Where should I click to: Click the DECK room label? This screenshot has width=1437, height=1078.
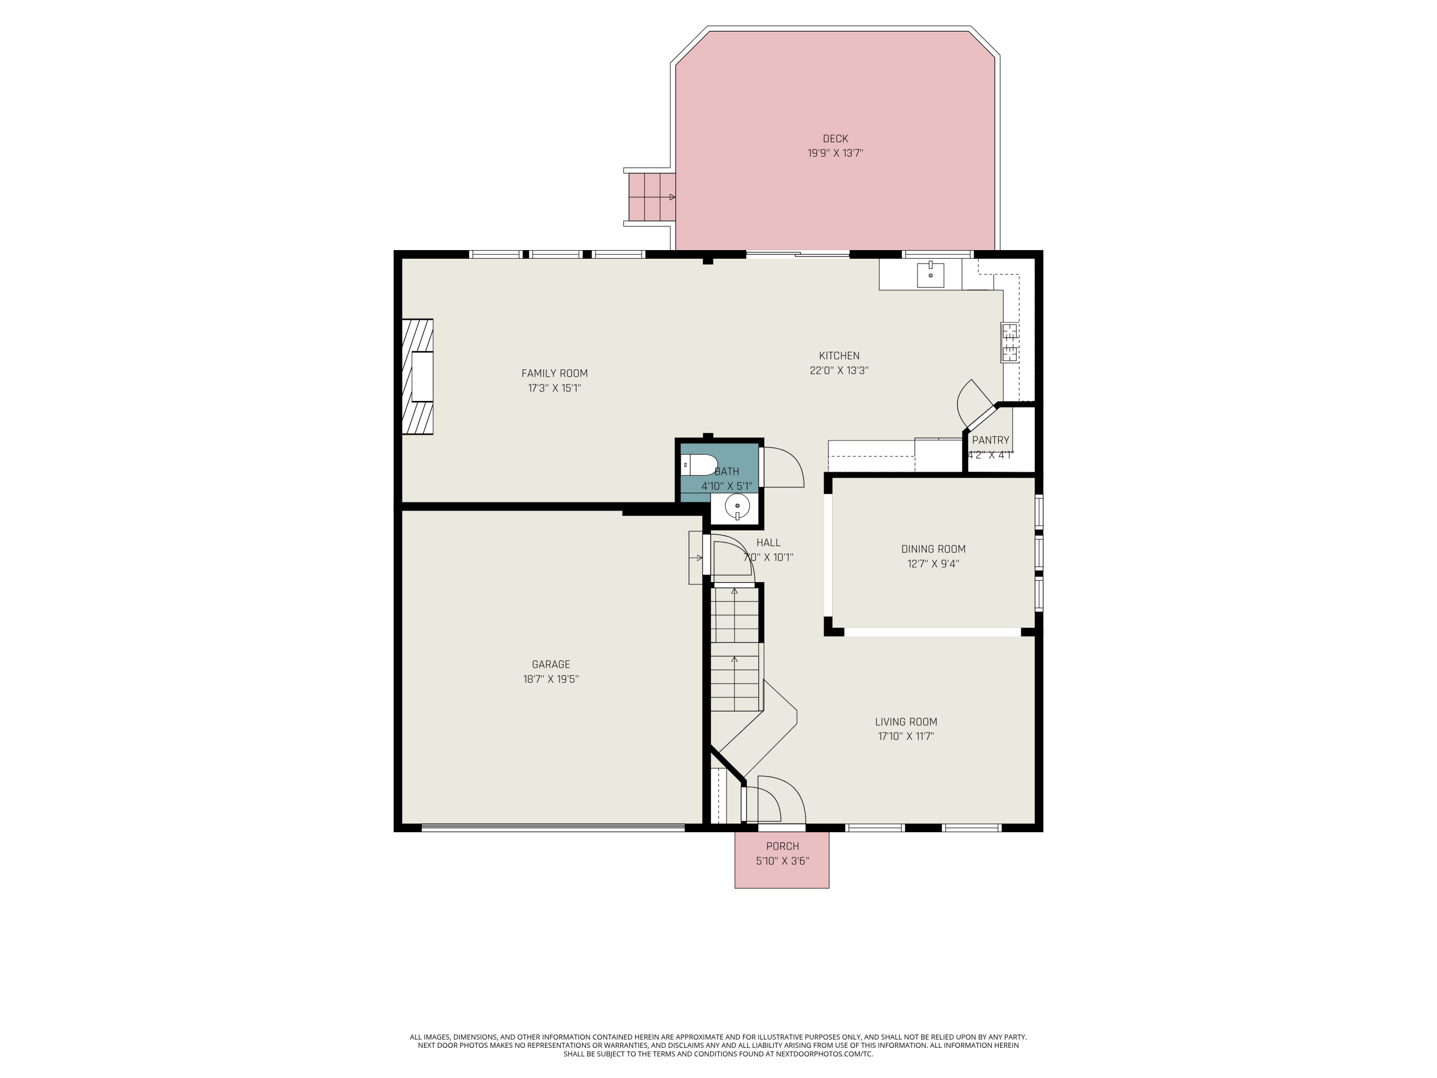coord(835,138)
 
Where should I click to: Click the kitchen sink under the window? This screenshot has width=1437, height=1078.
coord(930,275)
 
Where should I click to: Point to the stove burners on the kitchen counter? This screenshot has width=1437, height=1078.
coord(1010,343)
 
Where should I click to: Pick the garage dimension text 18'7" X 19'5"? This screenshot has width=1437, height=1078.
coord(551,679)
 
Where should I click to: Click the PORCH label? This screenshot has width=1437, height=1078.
coord(782,846)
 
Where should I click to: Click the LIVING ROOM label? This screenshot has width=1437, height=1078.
coord(906,721)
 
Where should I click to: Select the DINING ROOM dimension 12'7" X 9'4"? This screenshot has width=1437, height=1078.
coord(933,563)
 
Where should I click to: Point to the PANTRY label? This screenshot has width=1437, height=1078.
coord(990,440)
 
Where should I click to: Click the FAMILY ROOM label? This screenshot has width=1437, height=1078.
coord(554,373)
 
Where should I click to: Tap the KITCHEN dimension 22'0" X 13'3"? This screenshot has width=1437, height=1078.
coord(839,370)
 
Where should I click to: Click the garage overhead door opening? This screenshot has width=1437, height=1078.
coord(553,828)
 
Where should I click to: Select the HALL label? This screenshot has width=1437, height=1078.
coord(768,542)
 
